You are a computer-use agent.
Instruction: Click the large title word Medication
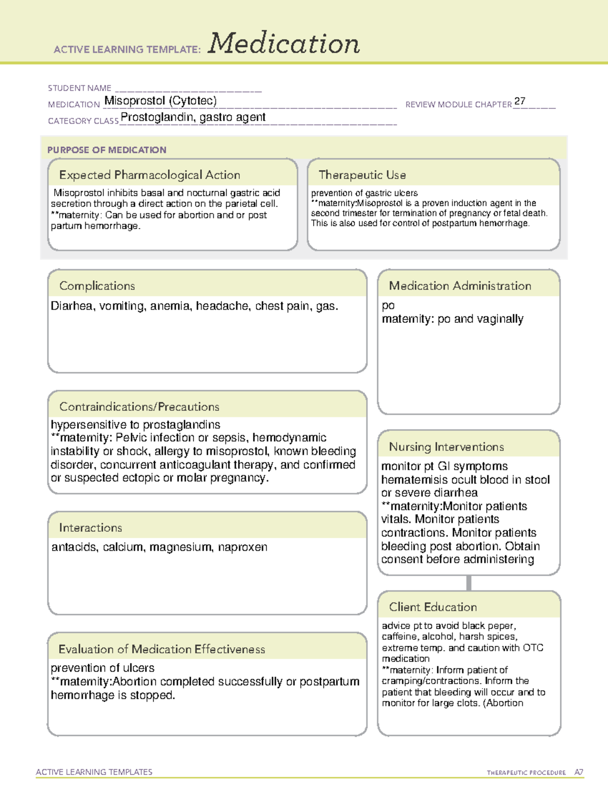(x=284, y=44)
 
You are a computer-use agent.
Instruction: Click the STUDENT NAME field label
(x=80, y=88)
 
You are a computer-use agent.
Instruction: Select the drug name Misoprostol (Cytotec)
(x=160, y=101)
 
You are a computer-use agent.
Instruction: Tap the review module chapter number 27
(x=519, y=101)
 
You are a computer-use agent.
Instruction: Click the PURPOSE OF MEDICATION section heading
(x=106, y=150)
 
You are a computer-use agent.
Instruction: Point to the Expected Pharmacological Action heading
(x=149, y=175)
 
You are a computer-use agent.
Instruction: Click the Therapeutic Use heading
(x=362, y=175)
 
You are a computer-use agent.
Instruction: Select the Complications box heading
(x=97, y=286)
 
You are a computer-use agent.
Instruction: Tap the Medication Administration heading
(x=460, y=286)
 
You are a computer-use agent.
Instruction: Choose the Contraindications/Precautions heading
(x=139, y=406)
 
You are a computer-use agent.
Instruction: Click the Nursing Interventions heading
(x=446, y=446)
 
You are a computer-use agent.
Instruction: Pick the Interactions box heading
(x=90, y=528)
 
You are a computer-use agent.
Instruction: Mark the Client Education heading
(x=433, y=607)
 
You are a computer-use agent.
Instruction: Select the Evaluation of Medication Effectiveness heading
(x=162, y=649)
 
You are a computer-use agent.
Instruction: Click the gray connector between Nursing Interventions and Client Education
(x=469, y=583)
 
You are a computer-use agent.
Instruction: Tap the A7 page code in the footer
(x=578, y=772)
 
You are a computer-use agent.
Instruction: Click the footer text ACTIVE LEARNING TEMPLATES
(x=94, y=772)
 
